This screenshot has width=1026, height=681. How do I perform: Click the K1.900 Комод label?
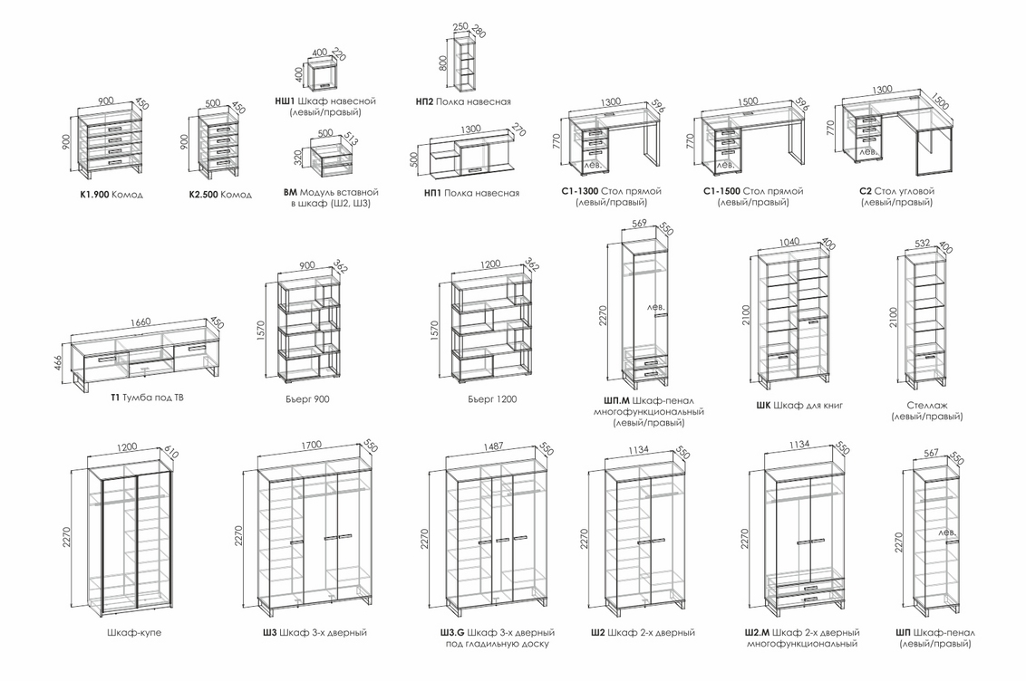coord(111,195)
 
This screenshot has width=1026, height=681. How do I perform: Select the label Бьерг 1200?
coord(492,398)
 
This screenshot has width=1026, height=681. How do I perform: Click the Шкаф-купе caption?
coord(133,632)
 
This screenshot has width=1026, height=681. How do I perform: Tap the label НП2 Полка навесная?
coord(463,101)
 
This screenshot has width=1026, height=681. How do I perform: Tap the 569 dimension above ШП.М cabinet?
coord(638,224)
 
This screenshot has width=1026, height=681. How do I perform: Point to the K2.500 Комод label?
coord(219,195)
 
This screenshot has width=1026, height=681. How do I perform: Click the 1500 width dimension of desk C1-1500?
coord(748,101)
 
